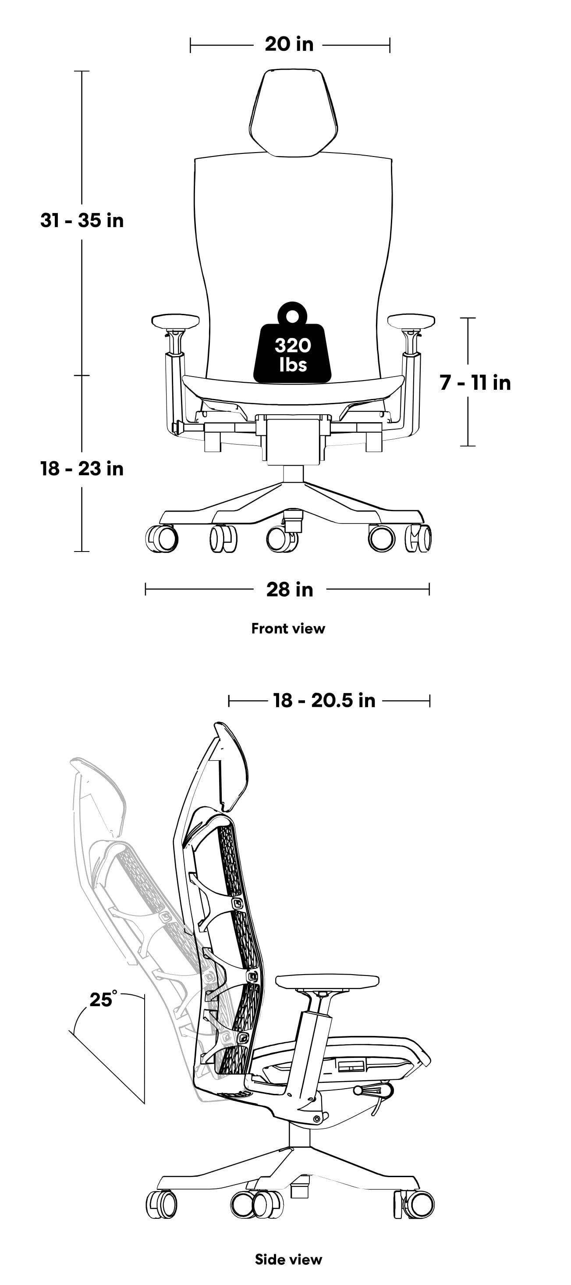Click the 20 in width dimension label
click(289, 44)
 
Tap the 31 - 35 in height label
click(82, 221)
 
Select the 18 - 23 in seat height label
click(82, 469)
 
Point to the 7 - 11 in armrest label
click(475, 383)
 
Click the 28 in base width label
click(289, 590)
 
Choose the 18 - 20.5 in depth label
click(324, 700)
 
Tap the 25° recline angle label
click(102, 999)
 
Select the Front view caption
click(288, 629)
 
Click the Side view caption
click(288, 1260)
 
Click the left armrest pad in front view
click(176, 321)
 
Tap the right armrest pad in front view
click(411, 321)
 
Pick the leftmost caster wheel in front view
click(162, 539)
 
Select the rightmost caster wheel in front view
click(418, 539)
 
